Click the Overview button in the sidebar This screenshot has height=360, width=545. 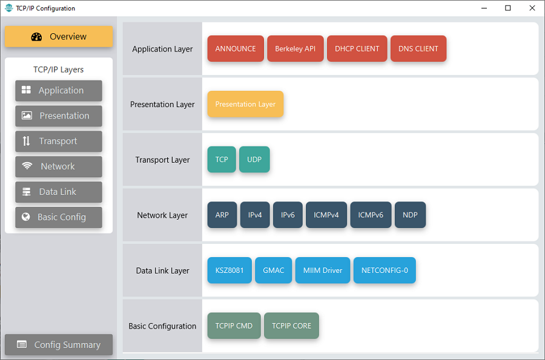58,36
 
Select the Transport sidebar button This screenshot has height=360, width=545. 58,142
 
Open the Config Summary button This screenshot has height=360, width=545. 58,344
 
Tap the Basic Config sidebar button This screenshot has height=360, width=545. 58,217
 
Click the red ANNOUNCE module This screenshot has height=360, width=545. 236,48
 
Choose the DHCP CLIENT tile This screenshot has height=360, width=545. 357,48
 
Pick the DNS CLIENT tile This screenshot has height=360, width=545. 418,48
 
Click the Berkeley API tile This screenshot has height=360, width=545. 296,48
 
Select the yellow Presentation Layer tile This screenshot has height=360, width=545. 245,104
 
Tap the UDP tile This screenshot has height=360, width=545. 254,159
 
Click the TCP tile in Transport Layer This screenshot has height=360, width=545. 222,159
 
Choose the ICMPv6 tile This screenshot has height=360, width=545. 371,215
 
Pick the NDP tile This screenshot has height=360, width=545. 410,215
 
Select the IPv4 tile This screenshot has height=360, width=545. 255,215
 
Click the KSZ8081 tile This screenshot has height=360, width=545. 230,270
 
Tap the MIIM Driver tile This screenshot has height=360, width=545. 323,270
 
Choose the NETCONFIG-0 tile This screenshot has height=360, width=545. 385,270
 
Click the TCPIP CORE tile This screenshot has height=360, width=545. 292,326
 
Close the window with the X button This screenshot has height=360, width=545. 532,8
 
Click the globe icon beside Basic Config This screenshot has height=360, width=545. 25,217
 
